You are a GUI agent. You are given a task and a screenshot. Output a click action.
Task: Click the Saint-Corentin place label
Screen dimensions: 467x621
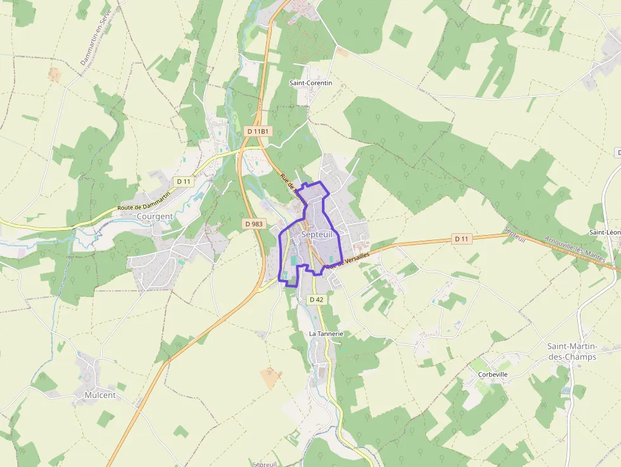(310, 83)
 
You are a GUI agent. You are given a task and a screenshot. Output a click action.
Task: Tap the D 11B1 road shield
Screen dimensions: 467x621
(257, 131)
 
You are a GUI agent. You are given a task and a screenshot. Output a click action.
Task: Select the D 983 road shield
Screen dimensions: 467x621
(253, 224)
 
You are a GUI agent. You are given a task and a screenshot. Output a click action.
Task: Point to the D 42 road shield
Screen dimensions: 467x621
(317, 299)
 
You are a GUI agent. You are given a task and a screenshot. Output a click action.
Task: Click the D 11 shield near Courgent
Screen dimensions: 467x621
(184, 182)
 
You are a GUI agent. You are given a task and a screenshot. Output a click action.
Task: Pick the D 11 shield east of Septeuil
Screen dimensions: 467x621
(463, 239)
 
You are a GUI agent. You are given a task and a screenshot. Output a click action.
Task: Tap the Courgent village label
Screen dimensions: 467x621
(155, 216)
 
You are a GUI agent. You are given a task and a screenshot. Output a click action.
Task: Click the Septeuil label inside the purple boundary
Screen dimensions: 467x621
(317, 234)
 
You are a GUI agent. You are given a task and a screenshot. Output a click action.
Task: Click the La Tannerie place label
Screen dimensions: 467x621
(326, 333)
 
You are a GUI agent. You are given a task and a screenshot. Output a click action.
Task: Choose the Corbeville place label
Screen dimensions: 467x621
(492, 374)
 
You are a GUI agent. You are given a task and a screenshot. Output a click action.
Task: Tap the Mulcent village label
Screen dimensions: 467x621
(100, 395)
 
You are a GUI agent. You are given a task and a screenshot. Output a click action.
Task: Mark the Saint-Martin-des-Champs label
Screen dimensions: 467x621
(572, 352)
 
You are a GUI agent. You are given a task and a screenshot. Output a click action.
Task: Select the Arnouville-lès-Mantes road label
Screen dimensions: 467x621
(574, 250)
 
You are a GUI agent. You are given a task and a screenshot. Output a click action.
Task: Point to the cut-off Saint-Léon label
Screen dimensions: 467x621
(605, 233)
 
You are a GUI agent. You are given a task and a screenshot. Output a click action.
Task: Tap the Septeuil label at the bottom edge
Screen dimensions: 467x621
(265, 464)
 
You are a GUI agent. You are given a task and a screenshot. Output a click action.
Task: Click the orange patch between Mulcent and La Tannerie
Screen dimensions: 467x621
(271, 378)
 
